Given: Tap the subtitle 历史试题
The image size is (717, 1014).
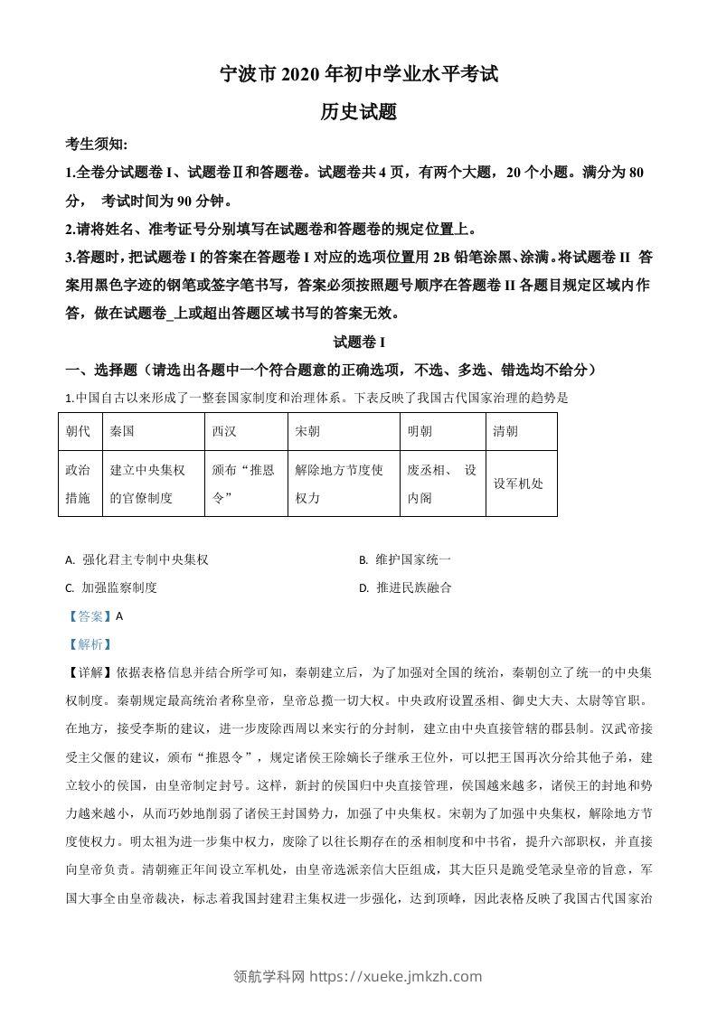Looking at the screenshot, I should click(x=359, y=112).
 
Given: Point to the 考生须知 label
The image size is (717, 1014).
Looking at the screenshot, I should click(x=97, y=145).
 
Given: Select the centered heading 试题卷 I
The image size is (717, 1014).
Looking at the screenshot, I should click(x=359, y=343).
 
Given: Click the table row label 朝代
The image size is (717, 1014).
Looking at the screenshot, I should click(x=79, y=432).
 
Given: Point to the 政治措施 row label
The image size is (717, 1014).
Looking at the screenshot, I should click(x=79, y=484).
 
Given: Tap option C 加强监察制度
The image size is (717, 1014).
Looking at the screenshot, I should click(x=112, y=587).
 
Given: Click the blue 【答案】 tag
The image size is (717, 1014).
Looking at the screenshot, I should click(x=86, y=616).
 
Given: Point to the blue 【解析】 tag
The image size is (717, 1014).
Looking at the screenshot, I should click(x=86, y=644).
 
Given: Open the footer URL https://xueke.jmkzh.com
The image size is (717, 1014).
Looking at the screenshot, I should click(x=395, y=976).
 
